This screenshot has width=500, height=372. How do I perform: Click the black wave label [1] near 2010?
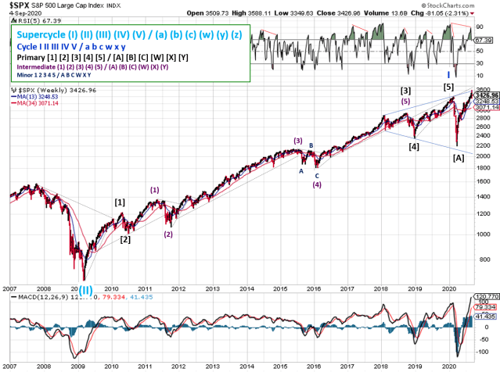coord(120,202)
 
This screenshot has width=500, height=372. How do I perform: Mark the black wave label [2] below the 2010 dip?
coord(125,239)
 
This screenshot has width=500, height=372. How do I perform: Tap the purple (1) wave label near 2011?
coord(155,190)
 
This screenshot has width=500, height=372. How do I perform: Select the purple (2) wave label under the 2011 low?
coord(168,234)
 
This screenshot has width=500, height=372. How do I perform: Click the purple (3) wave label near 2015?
coord(298,141)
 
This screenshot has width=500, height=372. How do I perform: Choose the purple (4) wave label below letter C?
coord(316,185)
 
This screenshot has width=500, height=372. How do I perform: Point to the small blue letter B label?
coord(310,146)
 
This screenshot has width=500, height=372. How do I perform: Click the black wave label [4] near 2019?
coord(414,146)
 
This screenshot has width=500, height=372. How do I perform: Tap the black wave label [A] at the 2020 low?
coord(459,158)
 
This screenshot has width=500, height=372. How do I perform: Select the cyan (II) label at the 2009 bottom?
coord(85,289)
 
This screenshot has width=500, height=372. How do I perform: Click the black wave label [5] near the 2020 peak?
coord(448,87)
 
